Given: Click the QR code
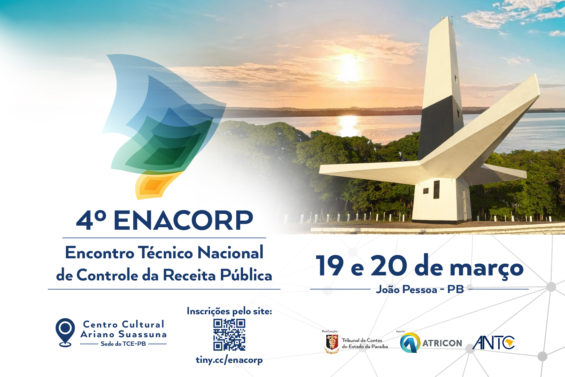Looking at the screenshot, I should pyautogui.click(x=229, y=335).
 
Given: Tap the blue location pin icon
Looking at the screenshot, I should pyautogui.click(x=65, y=331).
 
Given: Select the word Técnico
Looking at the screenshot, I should pyautogui.click(x=165, y=253).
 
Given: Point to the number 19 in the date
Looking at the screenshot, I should pyautogui.click(x=329, y=266).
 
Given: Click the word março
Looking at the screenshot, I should pyautogui.click(x=487, y=268).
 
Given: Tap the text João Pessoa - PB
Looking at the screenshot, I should pyautogui.click(x=420, y=290).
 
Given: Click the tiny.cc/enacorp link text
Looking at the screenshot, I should pyautogui.click(x=229, y=360).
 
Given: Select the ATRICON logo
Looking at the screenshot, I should pyautogui.click(x=431, y=343).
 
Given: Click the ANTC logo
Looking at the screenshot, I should pyautogui.click(x=493, y=343).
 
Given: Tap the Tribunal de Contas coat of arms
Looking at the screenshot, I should pyautogui.click(x=332, y=343).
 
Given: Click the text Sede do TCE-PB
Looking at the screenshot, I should pyautogui.click(x=123, y=344).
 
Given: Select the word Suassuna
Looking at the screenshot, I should pyautogui.click(x=142, y=334).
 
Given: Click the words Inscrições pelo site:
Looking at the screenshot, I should pyautogui.click(x=229, y=311).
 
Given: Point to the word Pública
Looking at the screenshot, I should pyautogui.click(x=246, y=275).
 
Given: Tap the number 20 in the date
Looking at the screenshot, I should pyautogui.click(x=389, y=266).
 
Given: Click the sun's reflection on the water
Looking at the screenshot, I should pyautogui.click(x=349, y=124).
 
